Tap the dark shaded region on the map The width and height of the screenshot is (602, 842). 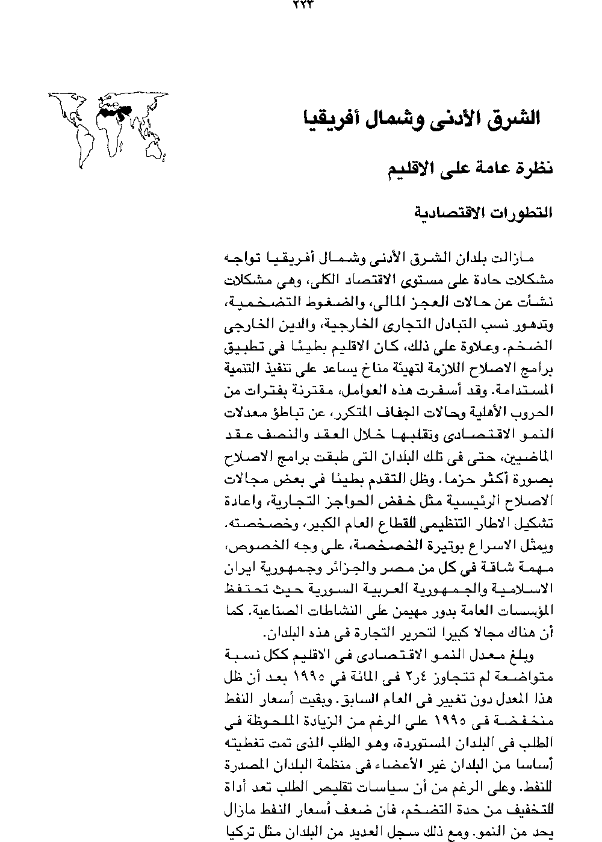click(x=114, y=110)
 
